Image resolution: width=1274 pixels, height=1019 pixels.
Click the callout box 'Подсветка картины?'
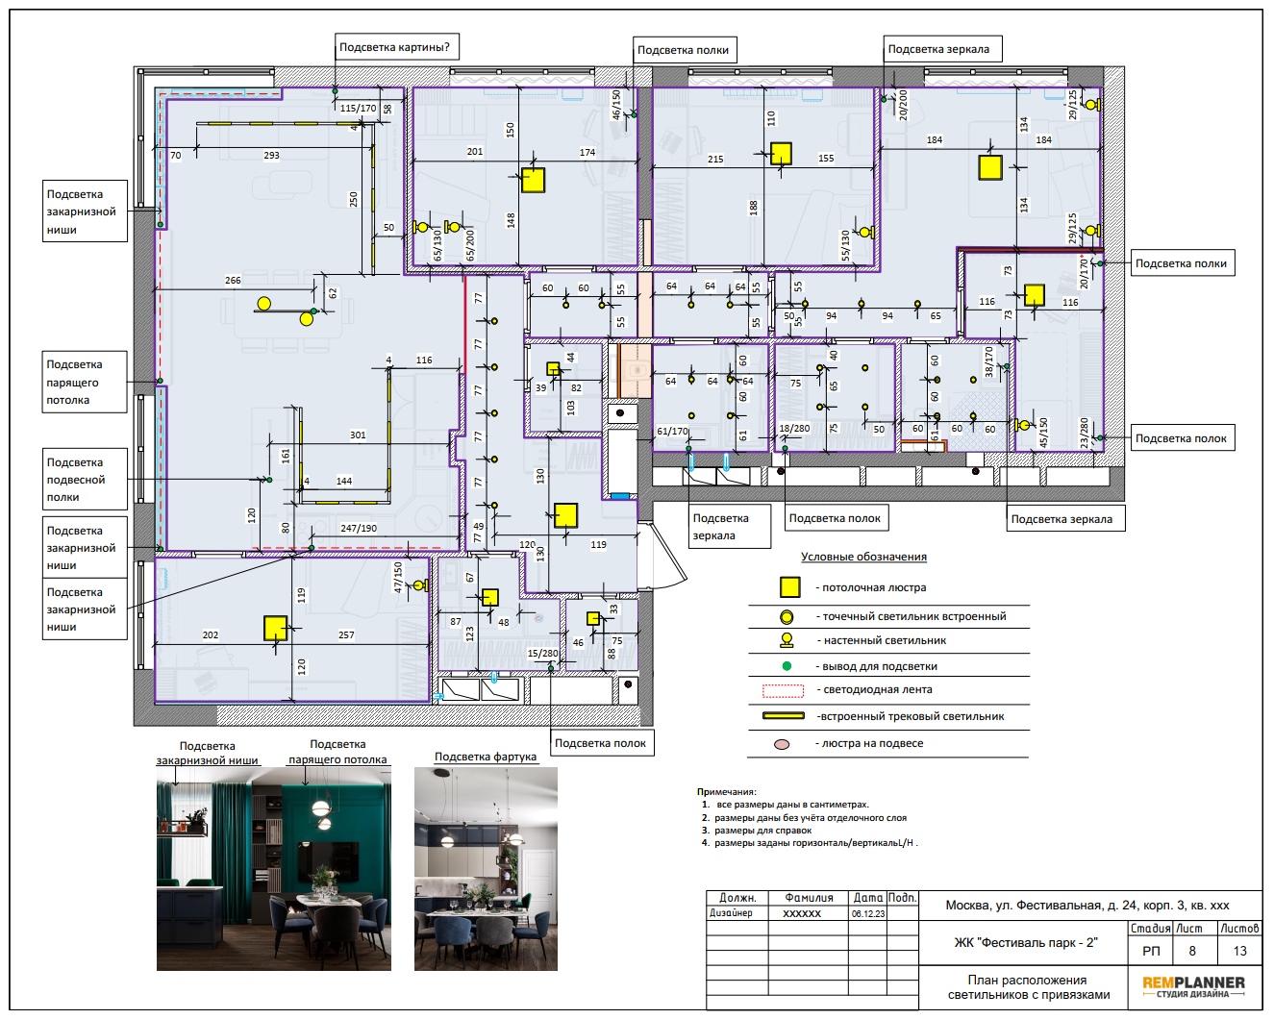(x=397, y=47)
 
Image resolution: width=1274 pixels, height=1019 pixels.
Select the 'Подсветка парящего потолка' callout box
(x=85, y=382)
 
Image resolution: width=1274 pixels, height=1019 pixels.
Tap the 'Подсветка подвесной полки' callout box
(x=85, y=479)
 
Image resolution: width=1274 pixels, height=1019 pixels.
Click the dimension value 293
(x=271, y=155)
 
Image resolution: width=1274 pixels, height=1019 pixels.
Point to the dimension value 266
(x=233, y=280)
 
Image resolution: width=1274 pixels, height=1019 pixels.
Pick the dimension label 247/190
(x=359, y=528)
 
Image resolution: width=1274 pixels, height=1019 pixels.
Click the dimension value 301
(x=358, y=435)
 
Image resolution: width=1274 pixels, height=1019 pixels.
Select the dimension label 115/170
(x=358, y=109)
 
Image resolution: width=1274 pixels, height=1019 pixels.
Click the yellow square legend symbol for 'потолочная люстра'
(x=789, y=587)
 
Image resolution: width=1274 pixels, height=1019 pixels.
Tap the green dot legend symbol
(x=787, y=666)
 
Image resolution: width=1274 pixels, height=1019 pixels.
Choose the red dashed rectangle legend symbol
(x=783, y=690)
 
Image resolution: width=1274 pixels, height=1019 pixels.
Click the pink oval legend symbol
(x=782, y=744)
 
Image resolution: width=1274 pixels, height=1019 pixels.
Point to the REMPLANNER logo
(x=1193, y=986)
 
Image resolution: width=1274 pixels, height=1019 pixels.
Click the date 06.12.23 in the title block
(x=868, y=913)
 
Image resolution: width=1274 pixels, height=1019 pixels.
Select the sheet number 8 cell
(x=1191, y=951)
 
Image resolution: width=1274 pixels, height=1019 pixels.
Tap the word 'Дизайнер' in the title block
(x=731, y=913)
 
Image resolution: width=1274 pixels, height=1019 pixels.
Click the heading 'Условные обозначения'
(x=863, y=557)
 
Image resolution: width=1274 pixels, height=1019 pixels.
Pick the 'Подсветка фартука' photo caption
(x=486, y=757)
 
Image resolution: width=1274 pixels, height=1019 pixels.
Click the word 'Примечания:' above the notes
(x=726, y=791)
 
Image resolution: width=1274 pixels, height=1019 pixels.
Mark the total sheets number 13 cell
(x=1239, y=951)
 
